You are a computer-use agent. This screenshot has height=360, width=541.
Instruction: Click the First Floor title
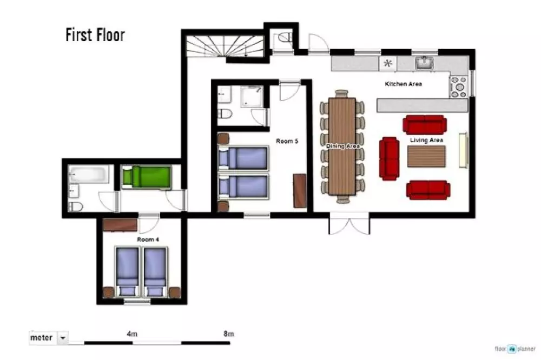95,35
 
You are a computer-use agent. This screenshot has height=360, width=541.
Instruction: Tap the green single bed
147,178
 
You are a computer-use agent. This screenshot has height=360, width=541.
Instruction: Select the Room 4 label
148,239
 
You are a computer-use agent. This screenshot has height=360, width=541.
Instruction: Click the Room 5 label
287,141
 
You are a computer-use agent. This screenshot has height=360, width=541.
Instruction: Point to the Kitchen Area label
404,84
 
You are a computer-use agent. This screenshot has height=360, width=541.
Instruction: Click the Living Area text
426,140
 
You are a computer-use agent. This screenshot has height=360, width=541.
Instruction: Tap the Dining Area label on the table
342,146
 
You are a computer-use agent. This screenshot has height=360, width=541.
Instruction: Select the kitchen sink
424,63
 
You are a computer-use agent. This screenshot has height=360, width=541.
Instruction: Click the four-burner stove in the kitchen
459,86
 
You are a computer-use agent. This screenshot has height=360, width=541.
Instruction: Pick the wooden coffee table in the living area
426,157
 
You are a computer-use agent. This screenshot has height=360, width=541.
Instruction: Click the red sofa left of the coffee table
389,158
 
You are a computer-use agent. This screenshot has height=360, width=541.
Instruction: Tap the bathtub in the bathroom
89,174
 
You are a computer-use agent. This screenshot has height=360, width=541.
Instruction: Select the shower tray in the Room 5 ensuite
252,97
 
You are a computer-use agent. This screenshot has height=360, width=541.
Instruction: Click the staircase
225,46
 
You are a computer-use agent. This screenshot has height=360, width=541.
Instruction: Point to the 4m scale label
132,334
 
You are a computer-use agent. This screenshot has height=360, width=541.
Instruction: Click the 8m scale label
229,334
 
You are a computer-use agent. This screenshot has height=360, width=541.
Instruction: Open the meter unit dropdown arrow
63,338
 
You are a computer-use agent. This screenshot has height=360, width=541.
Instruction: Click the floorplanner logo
515,349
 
